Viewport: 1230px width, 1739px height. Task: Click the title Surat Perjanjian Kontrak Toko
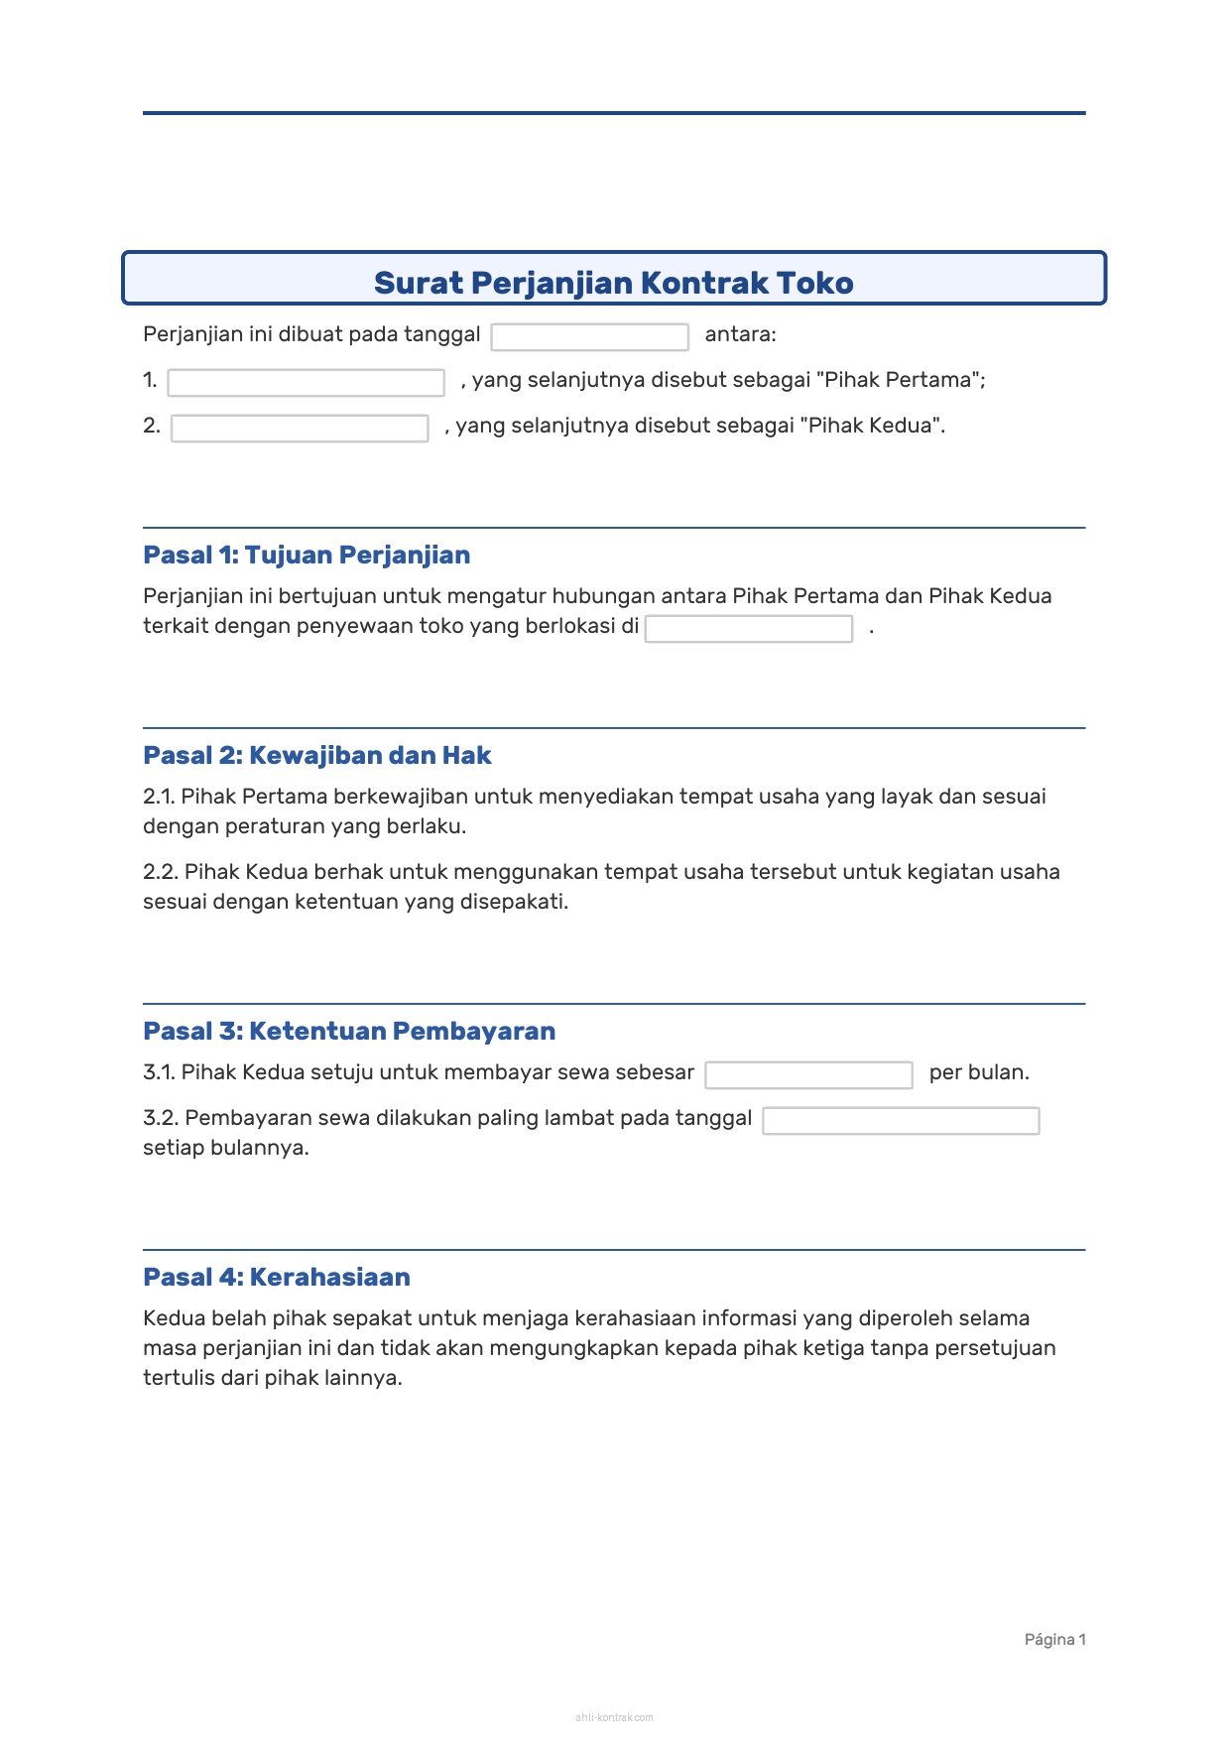point(613,283)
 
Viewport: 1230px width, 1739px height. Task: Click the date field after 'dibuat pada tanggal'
point(589,336)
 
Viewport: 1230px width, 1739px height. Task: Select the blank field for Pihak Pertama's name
point(306,382)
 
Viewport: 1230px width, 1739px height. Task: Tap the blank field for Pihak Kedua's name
point(300,428)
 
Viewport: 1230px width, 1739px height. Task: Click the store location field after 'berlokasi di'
point(749,628)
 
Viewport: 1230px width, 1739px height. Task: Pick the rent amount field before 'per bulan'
point(808,1074)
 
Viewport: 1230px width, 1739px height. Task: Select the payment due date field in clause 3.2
point(901,1120)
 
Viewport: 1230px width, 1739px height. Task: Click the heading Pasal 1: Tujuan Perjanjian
point(307,555)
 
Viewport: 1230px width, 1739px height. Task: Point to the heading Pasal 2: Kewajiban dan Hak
point(317,755)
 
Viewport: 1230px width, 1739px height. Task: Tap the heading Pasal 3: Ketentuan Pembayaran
point(349,1031)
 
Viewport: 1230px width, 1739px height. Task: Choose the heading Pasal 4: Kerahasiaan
point(277,1277)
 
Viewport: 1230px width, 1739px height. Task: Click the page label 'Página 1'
point(1054,1639)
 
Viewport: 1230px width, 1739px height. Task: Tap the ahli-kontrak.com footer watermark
point(614,1717)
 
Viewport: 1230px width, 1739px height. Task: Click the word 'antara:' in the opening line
point(740,334)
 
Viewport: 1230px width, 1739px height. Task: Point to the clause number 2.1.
point(159,797)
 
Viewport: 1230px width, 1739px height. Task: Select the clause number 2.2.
point(161,872)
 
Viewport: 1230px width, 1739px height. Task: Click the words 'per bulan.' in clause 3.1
point(979,1072)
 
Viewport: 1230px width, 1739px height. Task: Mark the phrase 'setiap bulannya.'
point(226,1148)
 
